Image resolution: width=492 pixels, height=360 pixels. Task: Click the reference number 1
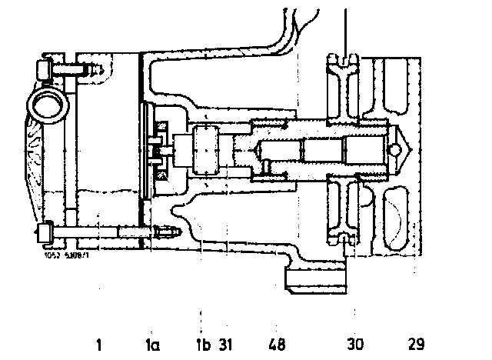[99, 344]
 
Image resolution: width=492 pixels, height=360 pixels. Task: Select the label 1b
[203, 344]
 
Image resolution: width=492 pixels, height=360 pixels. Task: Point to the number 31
[225, 344]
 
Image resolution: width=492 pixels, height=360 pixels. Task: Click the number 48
[278, 344]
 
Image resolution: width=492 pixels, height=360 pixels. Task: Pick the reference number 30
[355, 344]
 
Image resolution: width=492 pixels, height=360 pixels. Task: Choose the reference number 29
[416, 344]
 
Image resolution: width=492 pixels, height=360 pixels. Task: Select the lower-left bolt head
[43, 229]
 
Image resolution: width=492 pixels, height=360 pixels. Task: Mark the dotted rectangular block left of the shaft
[207, 151]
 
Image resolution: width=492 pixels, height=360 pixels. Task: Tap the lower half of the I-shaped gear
[343, 212]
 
